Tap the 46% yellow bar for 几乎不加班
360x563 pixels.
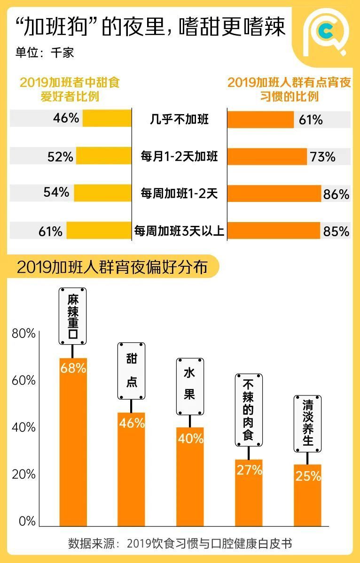pos(107,118)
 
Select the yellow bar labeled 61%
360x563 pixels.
pos(99,231)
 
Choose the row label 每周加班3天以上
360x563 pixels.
pos(179,231)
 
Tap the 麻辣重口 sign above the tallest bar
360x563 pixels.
pos(73,316)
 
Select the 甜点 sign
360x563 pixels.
pos(131,371)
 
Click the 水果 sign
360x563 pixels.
pos(189,386)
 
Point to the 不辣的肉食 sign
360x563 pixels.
pos(248,410)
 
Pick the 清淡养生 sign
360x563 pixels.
pos(307,424)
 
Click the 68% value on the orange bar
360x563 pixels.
pos(73,368)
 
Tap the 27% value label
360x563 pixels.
pos(249,470)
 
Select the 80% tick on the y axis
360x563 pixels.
pos(23,334)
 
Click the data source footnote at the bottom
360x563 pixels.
pos(180,544)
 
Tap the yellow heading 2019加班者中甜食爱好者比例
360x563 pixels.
pos(70,89)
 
